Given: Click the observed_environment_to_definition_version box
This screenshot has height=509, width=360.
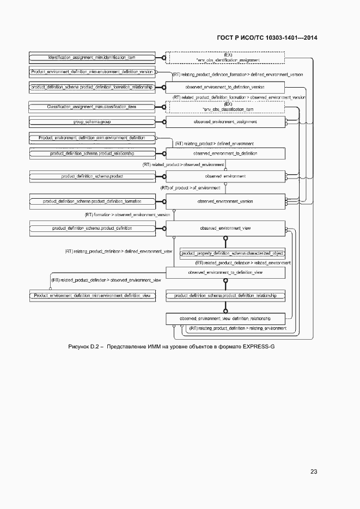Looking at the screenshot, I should (225, 87).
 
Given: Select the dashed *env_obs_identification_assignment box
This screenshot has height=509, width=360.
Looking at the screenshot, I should (225, 58).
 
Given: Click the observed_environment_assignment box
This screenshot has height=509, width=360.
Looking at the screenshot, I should (225, 121).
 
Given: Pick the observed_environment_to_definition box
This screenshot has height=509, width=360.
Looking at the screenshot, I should (225, 154).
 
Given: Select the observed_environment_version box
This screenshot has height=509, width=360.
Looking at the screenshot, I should (225, 201).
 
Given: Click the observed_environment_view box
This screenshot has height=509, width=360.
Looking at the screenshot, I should (225, 229).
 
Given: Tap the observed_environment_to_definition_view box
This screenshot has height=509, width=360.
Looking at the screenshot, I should (225, 272).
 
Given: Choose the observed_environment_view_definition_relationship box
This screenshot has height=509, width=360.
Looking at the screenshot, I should (225, 318).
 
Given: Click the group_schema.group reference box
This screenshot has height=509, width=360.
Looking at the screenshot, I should (91, 121).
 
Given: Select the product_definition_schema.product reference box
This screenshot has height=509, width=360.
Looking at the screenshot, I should (91, 176).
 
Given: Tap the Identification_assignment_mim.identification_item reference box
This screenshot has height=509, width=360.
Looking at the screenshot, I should (91, 58).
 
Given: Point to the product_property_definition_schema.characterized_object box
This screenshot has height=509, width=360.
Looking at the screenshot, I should (233, 254).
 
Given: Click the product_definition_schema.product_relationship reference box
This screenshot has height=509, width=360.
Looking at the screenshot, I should (91, 154).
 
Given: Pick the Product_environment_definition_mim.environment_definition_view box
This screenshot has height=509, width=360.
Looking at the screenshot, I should (91, 296).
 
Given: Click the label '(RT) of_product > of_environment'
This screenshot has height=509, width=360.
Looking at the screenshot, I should (190, 188).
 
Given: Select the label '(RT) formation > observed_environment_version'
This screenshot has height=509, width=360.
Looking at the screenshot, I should (127, 215).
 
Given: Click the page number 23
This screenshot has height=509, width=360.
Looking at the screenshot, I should (313, 471).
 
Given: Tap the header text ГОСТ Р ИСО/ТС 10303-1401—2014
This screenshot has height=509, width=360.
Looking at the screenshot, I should (267, 38).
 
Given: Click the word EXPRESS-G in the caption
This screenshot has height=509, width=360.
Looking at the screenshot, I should (259, 346).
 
